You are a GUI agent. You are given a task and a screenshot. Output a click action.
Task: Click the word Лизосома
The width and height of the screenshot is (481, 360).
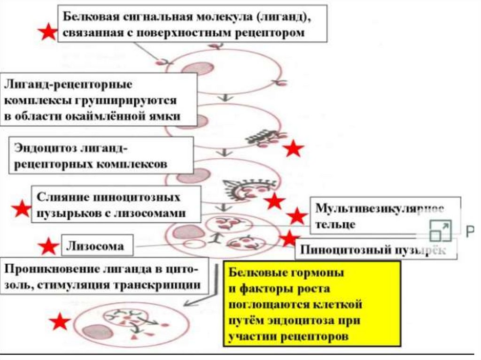(x=96, y=246)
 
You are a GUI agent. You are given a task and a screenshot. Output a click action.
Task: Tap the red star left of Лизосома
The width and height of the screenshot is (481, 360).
(x=48, y=246)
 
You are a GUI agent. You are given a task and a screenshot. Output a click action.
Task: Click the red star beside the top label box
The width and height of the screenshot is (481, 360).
(x=47, y=32)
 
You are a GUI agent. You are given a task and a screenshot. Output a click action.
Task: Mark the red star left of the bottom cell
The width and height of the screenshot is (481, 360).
(x=60, y=322)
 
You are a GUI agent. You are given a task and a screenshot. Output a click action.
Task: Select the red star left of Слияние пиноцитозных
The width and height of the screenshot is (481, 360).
(x=21, y=209)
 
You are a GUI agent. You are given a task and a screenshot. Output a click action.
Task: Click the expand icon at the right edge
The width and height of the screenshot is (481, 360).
(x=440, y=230)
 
